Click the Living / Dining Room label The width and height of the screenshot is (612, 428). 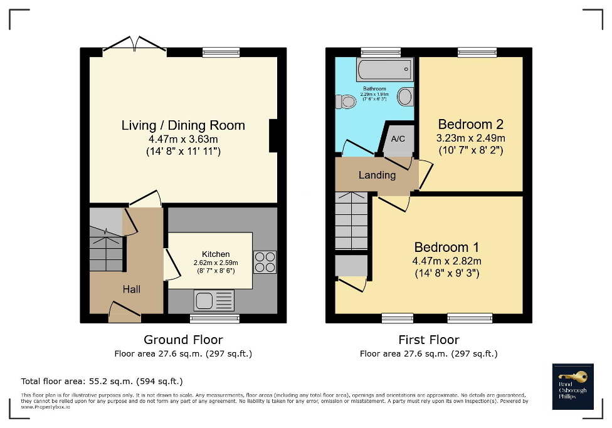click(183, 125)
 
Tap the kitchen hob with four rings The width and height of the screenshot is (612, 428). click(265, 261)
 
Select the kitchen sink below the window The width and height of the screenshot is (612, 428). click(214, 300)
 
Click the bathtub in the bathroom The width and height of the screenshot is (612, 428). click(384, 67)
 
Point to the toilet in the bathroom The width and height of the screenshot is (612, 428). click(345, 101)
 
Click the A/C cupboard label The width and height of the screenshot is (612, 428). click(398, 138)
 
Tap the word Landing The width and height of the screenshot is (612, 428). click(377, 175)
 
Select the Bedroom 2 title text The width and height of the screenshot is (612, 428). click(470, 124)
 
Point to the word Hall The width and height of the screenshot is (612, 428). click(132, 289)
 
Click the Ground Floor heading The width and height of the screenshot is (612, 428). click(183, 340)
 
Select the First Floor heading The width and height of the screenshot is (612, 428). click(428, 340)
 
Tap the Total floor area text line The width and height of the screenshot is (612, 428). click(102, 381)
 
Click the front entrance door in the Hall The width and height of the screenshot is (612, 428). click(124, 311)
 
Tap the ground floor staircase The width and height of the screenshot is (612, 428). click(107, 244)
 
